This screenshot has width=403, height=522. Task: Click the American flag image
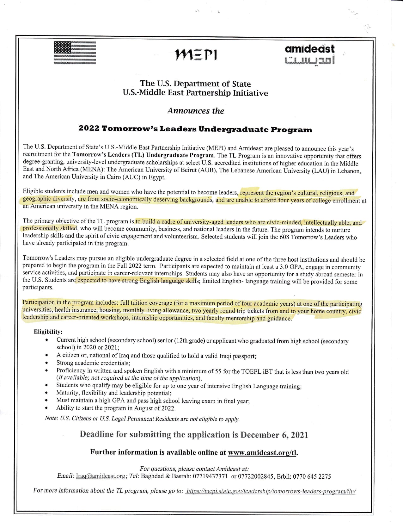click(75, 53)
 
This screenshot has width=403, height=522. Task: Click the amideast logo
click(309, 54)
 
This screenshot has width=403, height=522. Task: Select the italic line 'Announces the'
click(196, 111)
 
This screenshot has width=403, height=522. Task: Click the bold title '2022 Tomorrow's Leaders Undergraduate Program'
click(195, 129)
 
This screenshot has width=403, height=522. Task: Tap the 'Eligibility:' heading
click(48, 332)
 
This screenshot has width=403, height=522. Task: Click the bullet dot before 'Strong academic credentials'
click(47, 363)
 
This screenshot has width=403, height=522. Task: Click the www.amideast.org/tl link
click(262, 452)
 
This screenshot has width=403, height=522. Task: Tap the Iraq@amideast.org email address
click(101, 476)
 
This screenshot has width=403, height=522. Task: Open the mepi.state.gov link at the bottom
click(271, 491)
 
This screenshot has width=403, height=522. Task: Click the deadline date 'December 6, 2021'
click(274, 435)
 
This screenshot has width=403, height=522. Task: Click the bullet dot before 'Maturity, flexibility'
click(47, 393)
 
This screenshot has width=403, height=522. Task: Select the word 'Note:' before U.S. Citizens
click(52, 418)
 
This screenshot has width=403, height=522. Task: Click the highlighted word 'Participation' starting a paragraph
click(38, 302)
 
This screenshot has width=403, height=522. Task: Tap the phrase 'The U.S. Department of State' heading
click(195, 84)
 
